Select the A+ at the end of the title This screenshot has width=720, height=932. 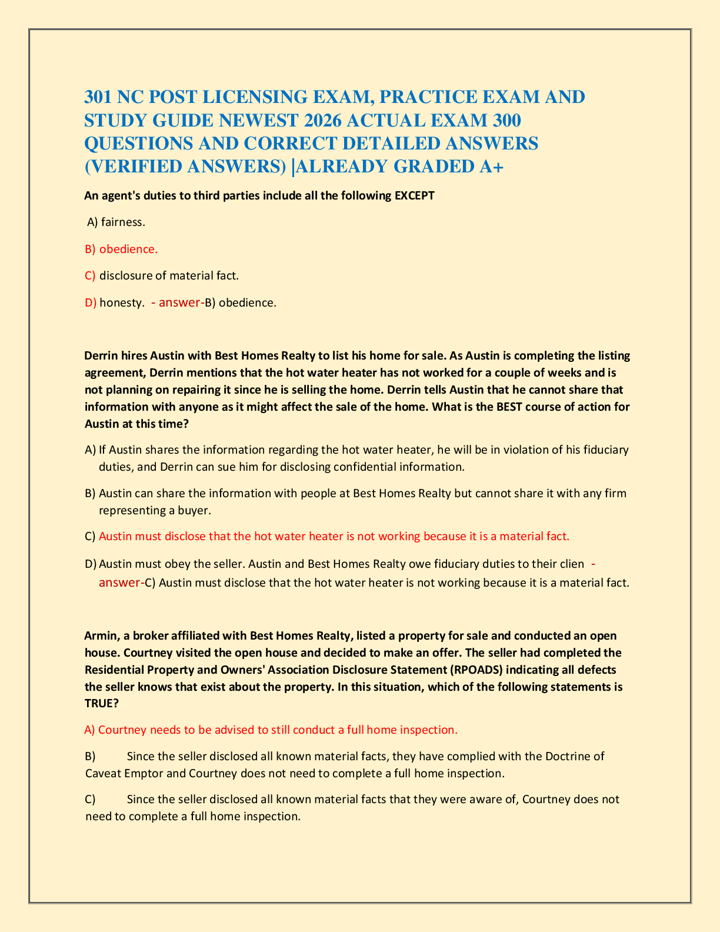492,167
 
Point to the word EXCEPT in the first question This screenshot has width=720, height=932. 414,195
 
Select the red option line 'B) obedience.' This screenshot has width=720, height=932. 121,249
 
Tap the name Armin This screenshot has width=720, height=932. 101,635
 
